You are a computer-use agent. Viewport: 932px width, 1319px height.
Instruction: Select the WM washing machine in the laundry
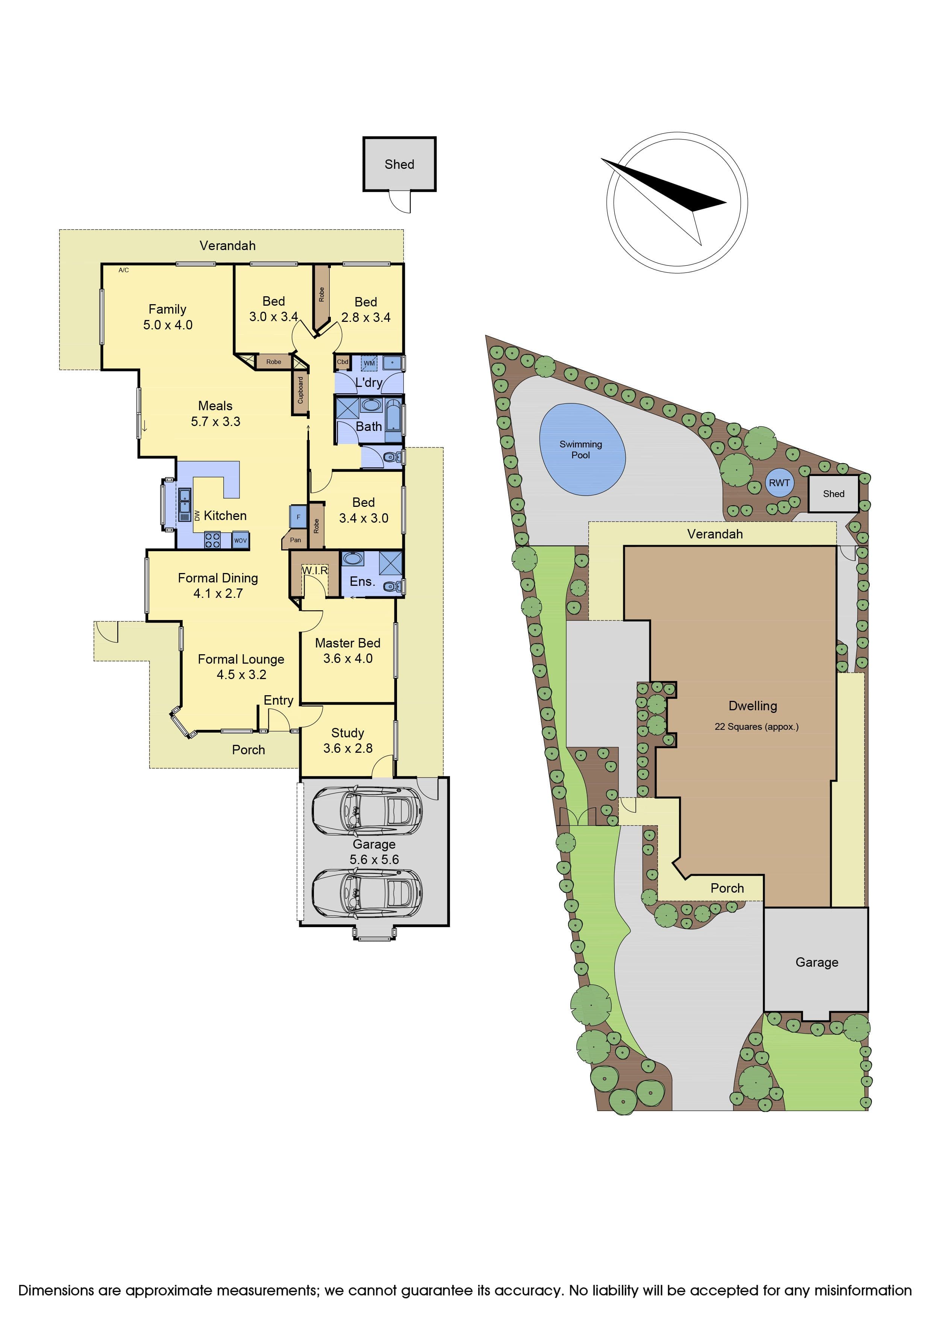click(x=369, y=363)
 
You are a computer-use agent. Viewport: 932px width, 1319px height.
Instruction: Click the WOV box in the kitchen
click(x=240, y=540)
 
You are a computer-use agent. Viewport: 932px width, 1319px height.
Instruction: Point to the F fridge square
click(x=298, y=517)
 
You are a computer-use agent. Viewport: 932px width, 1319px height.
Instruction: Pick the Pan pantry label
click(x=295, y=540)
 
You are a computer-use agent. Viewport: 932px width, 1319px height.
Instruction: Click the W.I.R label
click(x=315, y=570)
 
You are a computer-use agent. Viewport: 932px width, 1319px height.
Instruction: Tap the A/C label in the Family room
click(x=123, y=270)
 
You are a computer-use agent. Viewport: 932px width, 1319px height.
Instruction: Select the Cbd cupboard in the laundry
click(x=342, y=362)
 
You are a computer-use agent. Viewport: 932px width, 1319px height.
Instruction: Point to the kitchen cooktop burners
click(x=212, y=540)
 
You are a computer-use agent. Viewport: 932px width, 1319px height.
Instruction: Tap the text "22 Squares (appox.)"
click(x=756, y=727)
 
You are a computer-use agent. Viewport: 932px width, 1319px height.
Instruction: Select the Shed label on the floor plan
click(x=399, y=164)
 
